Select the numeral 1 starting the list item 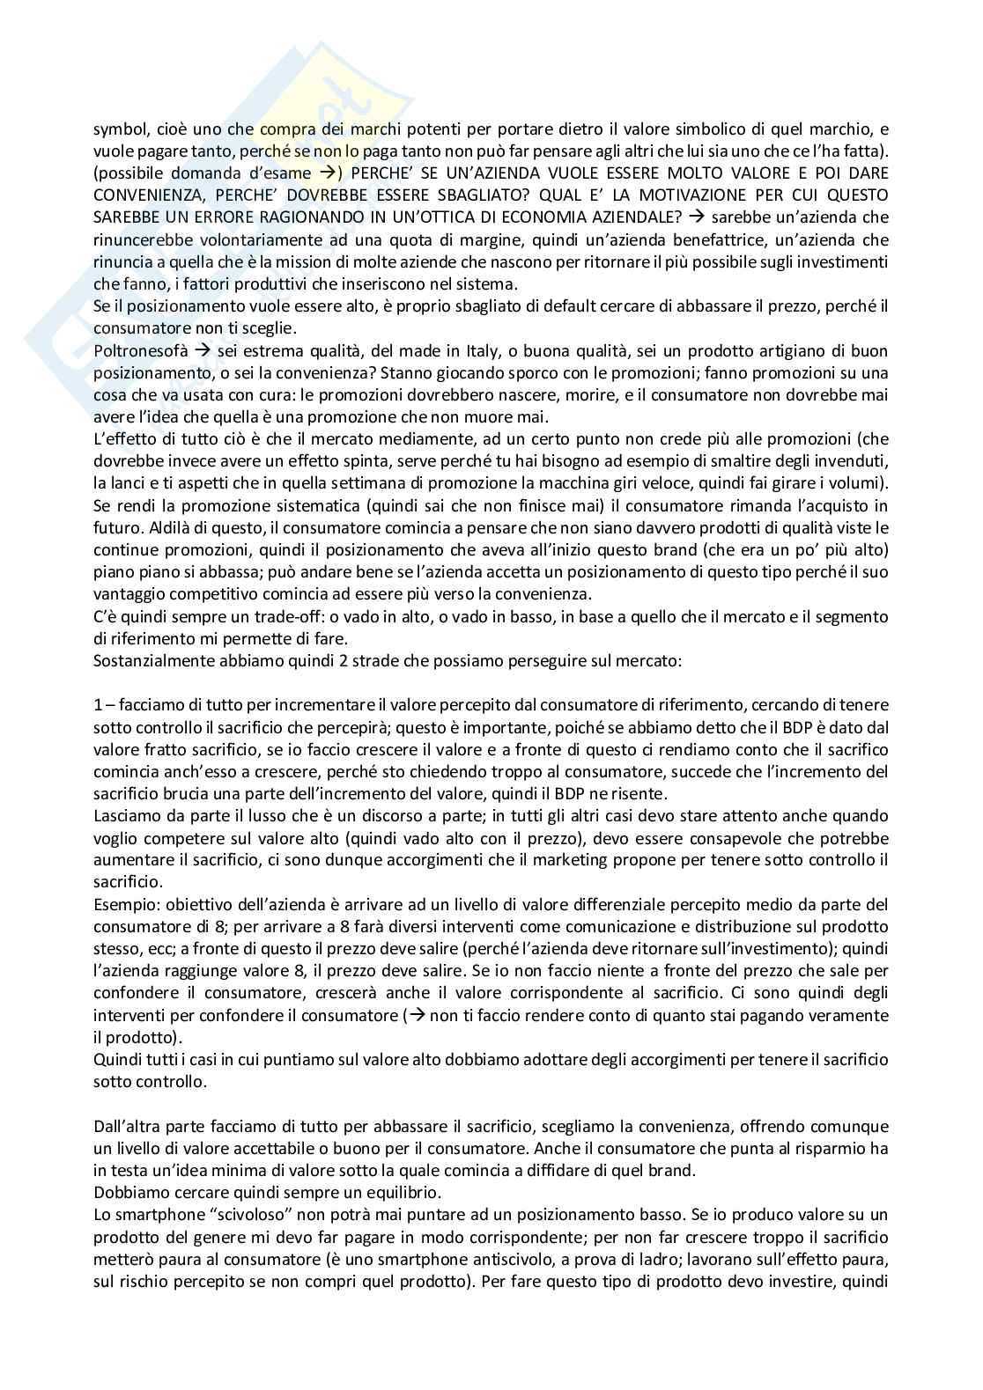tap(98, 705)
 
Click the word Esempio tap(122, 905)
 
